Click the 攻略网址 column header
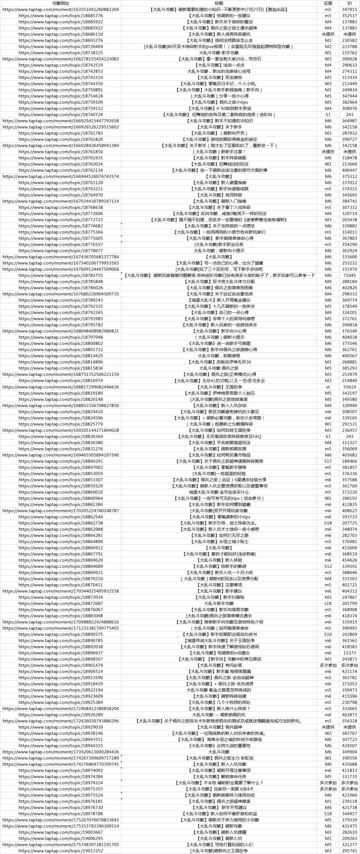61,3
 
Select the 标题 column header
219,3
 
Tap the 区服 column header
328,3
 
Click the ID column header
349,3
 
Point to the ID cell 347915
349,10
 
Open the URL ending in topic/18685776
61,16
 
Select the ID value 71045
349,276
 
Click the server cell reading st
328,387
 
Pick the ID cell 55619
349,387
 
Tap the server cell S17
328,461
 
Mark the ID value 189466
349,461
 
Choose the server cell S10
328,634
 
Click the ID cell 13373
349,653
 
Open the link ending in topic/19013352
61,851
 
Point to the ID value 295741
349,851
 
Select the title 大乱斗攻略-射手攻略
219,53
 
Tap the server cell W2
328,733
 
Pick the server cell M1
328,838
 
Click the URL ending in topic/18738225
61,53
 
